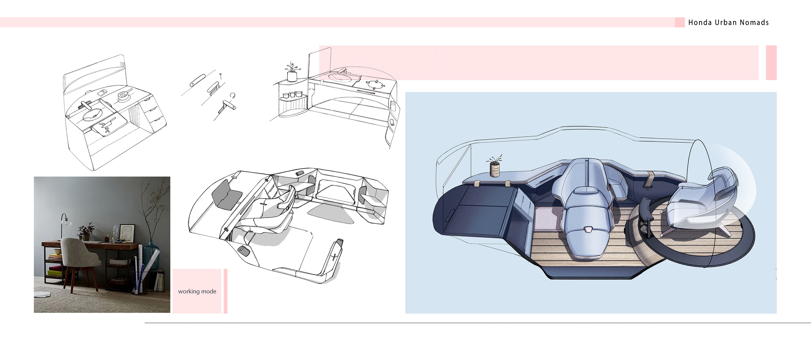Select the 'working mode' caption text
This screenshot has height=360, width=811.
197,291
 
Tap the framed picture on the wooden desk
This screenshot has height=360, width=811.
127,233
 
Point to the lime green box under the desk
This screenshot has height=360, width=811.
54,273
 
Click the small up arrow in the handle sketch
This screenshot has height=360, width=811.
221,76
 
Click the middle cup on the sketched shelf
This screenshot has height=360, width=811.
293,94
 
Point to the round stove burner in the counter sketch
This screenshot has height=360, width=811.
374,84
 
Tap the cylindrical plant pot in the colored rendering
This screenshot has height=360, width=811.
495,170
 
